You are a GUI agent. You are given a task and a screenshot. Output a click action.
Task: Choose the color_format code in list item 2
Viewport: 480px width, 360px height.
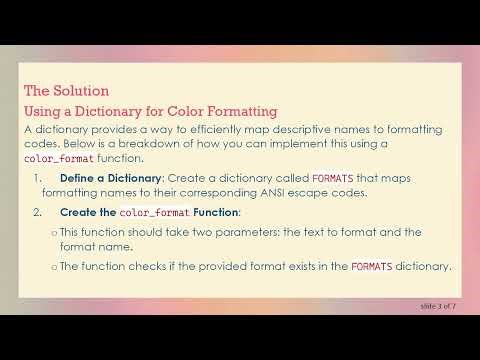154,213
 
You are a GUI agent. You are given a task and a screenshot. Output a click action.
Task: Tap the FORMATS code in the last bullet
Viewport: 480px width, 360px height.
370,266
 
